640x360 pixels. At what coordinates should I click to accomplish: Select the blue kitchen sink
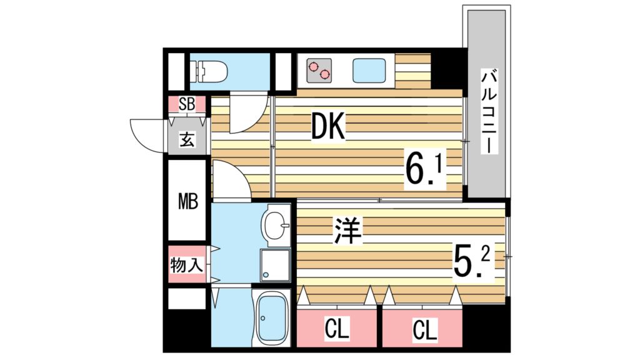pyautogui.click(x=369, y=70)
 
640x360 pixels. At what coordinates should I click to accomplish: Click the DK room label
pyautogui.click(x=329, y=129)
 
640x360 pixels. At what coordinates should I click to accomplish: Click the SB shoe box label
pyautogui.click(x=186, y=104)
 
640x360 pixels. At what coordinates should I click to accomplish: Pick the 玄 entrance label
pyautogui.click(x=186, y=139)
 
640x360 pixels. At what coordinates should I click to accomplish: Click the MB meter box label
pyautogui.click(x=187, y=202)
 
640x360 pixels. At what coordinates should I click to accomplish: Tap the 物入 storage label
pyautogui.click(x=186, y=264)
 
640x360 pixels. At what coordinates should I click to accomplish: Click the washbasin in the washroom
pyautogui.click(x=274, y=225)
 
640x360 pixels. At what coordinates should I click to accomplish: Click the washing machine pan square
pyautogui.click(x=275, y=264)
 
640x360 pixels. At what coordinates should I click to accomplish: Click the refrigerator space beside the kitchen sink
pyautogui.click(x=412, y=71)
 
